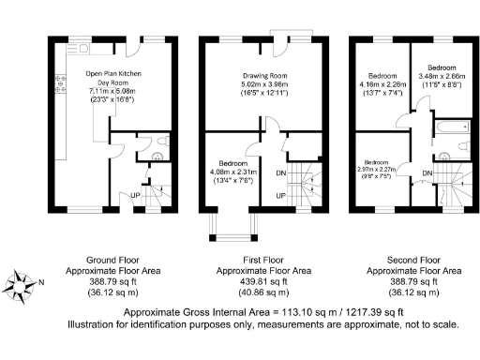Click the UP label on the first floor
tap(280, 195)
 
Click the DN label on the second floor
tap(427, 173)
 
